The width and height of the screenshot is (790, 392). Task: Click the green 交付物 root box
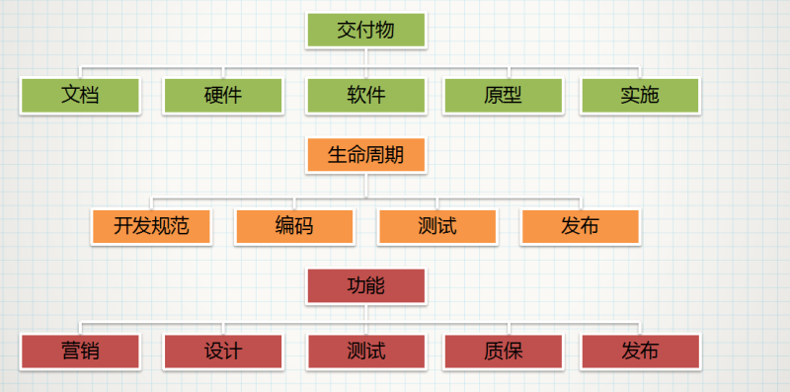click(x=365, y=30)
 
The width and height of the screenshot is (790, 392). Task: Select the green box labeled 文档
click(x=80, y=96)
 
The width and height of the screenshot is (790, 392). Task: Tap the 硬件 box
click(x=223, y=96)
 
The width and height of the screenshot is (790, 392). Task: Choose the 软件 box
click(x=365, y=96)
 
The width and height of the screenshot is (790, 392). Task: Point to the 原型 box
click(x=503, y=96)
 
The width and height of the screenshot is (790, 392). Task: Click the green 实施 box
click(x=640, y=96)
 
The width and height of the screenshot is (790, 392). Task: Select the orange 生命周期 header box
click(x=365, y=156)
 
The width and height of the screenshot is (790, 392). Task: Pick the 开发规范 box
click(x=151, y=226)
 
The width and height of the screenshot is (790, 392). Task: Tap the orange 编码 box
click(x=294, y=226)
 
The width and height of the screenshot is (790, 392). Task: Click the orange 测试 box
click(x=437, y=226)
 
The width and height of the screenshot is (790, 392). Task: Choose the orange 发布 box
click(x=580, y=226)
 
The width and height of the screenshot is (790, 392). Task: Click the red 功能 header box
click(x=365, y=285)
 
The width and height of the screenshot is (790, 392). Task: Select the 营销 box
click(x=80, y=351)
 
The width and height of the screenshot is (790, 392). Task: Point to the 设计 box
click(x=223, y=351)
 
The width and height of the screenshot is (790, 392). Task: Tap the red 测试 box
click(x=365, y=351)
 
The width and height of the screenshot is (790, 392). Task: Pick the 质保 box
click(x=503, y=351)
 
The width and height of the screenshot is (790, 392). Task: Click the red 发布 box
click(x=640, y=351)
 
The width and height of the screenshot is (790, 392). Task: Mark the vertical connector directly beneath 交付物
click(x=365, y=58)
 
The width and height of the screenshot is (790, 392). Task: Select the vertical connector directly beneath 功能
click(x=365, y=313)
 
